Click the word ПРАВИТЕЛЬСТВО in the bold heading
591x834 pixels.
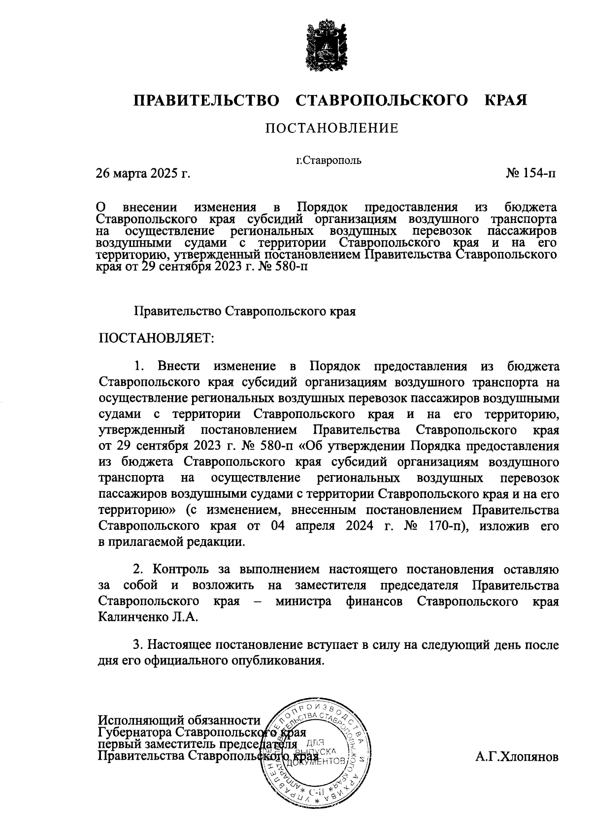[x=206, y=100]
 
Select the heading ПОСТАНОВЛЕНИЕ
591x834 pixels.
[x=331, y=129]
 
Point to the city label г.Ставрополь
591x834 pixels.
[x=328, y=160]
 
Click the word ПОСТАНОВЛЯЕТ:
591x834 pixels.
[x=157, y=338]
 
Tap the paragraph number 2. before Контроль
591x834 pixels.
[x=139, y=570]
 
